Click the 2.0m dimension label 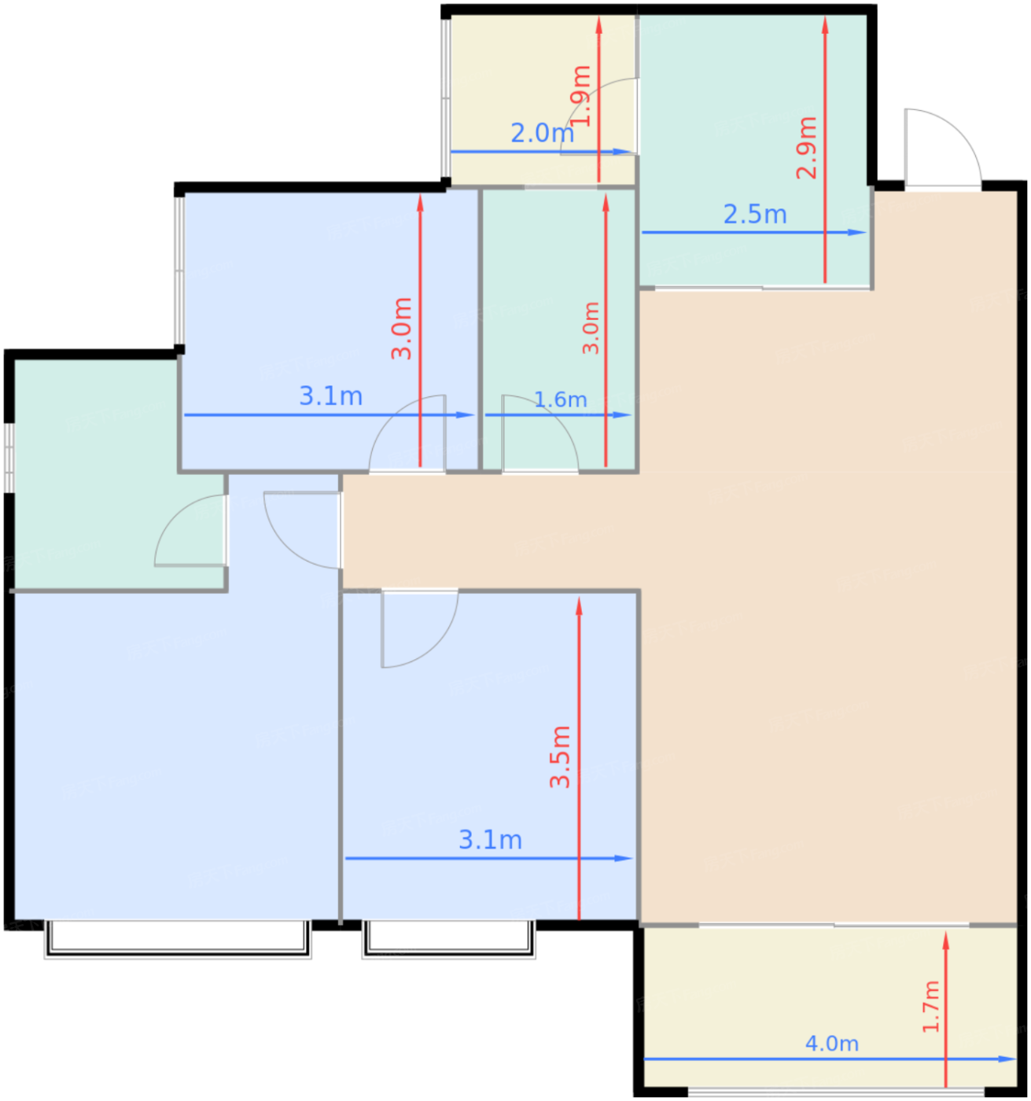tap(542, 133)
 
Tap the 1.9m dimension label tap(580, 96)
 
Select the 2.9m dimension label tap(806, 148)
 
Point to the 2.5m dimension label tap(755, 215)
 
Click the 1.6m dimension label tap(560, 400)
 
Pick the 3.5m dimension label tap(560, 757)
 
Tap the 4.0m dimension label tap(832, 1044)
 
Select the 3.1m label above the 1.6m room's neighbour tap(330, 396)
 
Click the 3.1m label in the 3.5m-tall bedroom tap(490, 841)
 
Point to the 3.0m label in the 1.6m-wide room tap(591, 328)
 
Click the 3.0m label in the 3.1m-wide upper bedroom tap(402, 329)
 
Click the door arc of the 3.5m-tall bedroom tap(437, 646)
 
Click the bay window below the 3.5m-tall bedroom tap(449, 941)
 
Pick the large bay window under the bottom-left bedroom tap(178, 941)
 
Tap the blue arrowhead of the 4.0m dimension tap(1007, 1059)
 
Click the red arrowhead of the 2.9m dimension tap(825, 24)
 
